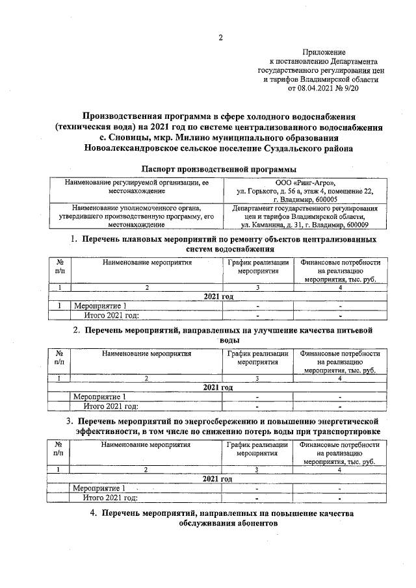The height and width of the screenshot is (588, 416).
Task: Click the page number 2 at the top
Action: coord(220,37)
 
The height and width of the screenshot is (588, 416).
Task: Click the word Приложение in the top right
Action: coord(324,51)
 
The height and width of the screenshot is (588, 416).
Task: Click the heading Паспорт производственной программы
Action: coord(220,170)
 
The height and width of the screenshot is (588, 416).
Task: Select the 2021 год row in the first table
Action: coord(218,296)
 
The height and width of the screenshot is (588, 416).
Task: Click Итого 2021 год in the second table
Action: coord(112,407)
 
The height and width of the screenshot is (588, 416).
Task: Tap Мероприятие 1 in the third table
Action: coord(99,488)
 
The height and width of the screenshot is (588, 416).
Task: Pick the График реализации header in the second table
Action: coord(257,358)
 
